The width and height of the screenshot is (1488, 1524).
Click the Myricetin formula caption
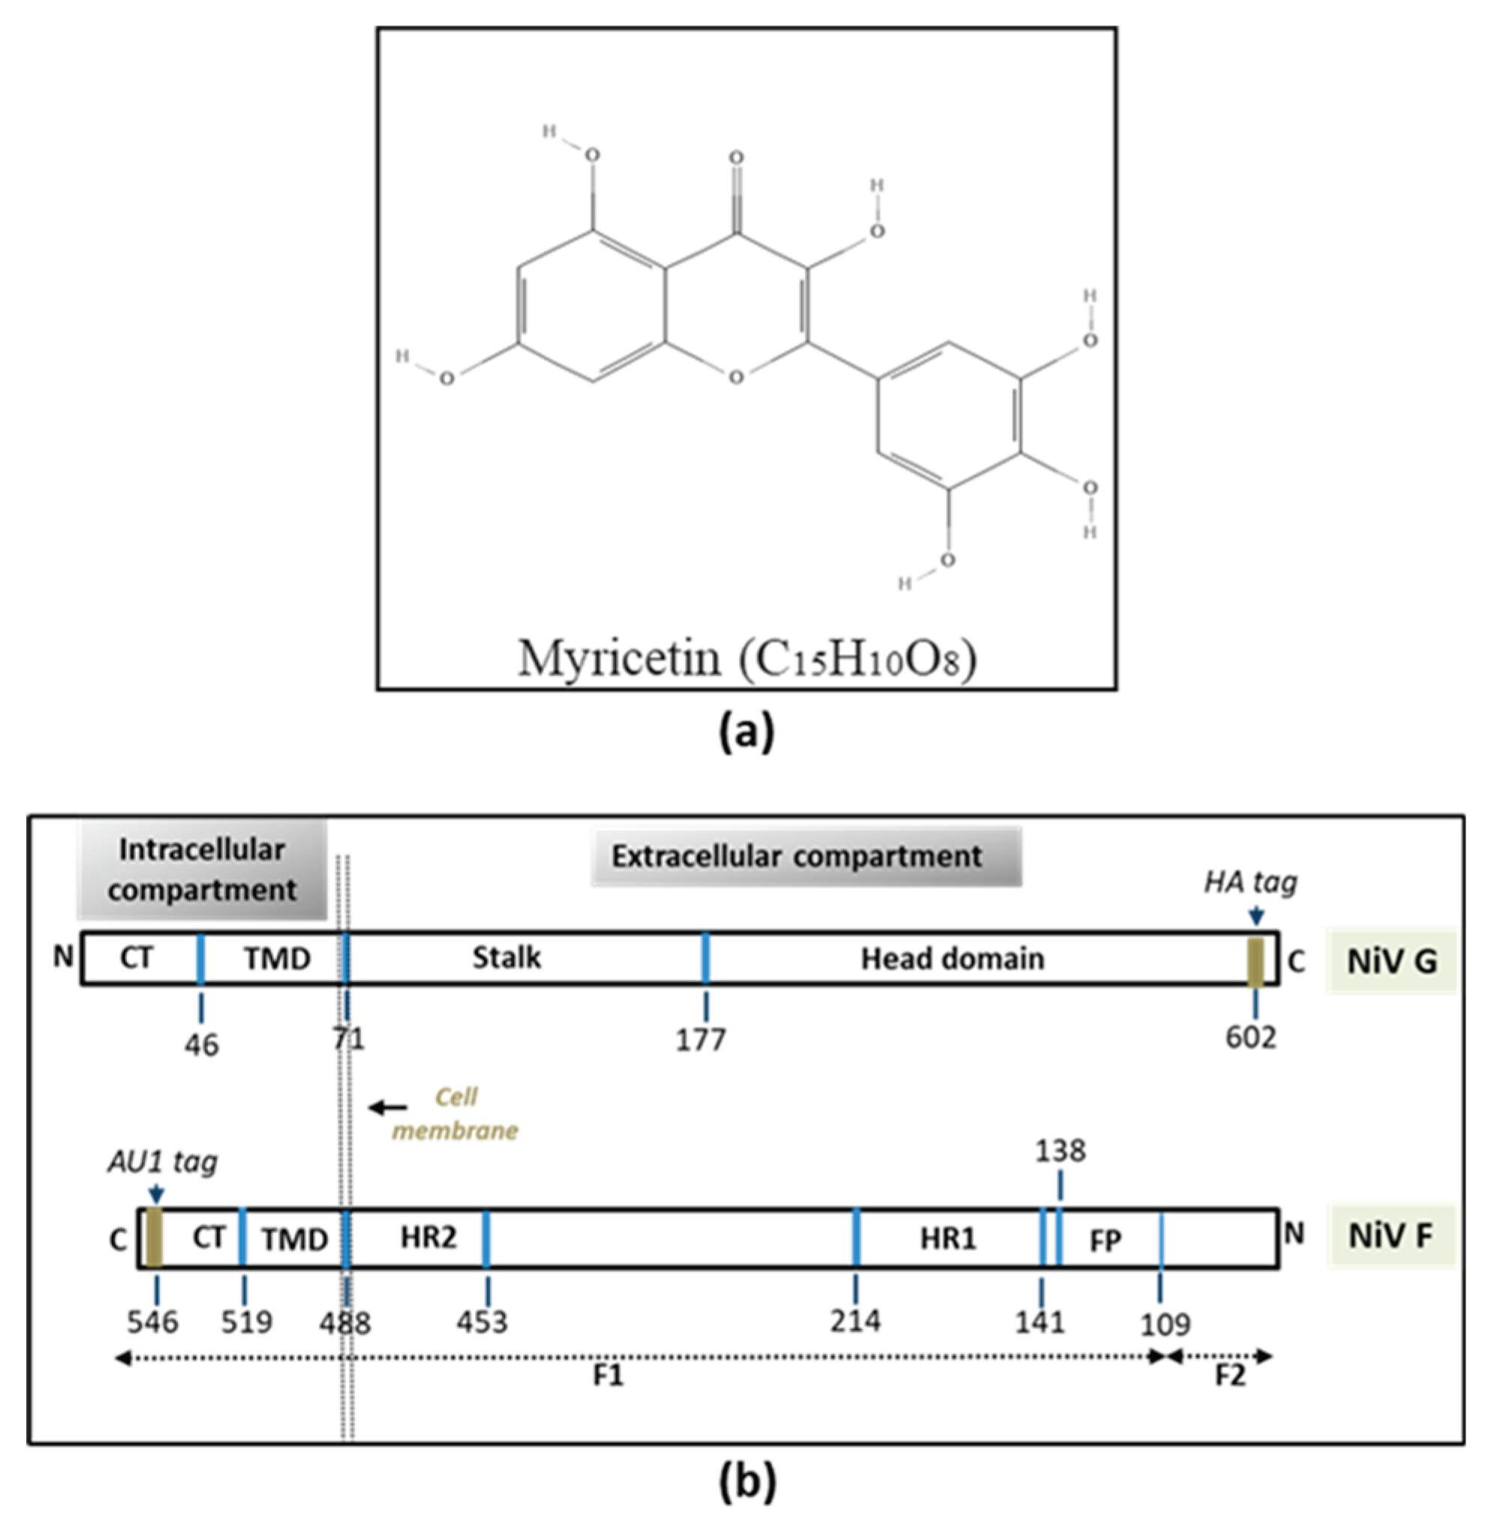coord(747,657)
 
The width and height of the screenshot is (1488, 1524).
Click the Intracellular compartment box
coord(202,869)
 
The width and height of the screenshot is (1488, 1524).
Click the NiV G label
coord(1391,961)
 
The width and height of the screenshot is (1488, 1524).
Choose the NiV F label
coord(1390,1237)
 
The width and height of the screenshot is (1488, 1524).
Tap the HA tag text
coord(1249,882)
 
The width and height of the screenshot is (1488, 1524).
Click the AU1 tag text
coord(162,1162)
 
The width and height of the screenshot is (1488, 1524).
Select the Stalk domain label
coord(507,958)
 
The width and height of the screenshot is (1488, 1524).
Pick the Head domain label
coord(952,959)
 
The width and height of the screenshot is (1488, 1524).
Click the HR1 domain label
coord(947,1239)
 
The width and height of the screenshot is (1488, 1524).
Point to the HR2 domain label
coord(428,1237)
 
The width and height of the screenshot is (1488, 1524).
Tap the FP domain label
coord(1105,1240)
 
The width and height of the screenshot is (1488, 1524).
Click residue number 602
coord(1250,1037)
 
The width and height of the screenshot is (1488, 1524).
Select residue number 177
coord(701,1039)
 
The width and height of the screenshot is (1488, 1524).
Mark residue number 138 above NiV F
coord(1060,1151)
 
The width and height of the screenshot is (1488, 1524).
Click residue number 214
coord(855,1321)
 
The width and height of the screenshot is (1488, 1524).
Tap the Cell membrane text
coord(455,1114)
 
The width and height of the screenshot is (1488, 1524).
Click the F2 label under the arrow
coord(1229,1375)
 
